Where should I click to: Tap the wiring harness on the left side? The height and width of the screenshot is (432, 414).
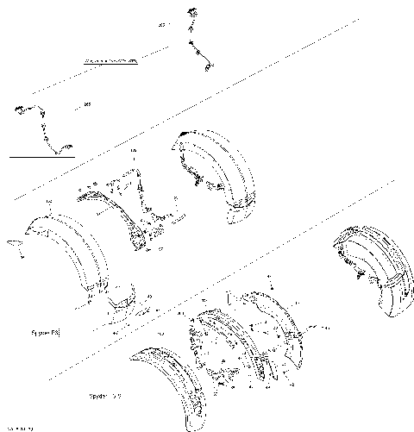click(x=39, y=129)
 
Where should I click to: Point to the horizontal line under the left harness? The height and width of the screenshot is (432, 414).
click(x=39, y=158)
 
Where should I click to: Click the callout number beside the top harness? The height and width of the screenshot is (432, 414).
click(x=161, y=26)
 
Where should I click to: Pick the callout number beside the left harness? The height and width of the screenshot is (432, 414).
click(x=87, y=106)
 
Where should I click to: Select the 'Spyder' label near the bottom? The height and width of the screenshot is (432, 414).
click(x=105, y=396)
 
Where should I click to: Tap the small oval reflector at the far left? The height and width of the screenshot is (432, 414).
click(x=12, y=244)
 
